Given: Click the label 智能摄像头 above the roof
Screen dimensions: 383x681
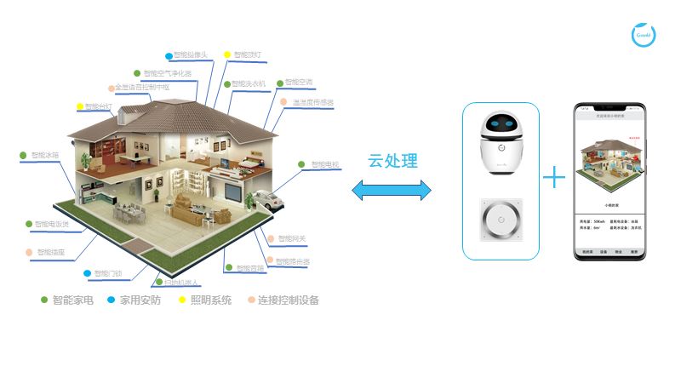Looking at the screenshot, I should [189, 55].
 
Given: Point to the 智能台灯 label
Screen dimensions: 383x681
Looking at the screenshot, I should [98, 107].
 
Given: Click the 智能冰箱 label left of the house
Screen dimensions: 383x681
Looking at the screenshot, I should [44, 156].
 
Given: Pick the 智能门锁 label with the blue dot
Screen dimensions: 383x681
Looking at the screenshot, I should [107, 273].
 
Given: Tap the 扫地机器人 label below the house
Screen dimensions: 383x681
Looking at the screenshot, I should [180, 283].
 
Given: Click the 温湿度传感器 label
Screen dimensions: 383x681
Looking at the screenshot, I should [312, 103].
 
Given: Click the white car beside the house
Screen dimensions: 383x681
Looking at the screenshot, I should [266, 202].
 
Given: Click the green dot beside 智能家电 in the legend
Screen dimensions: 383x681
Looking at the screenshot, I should [44, 300].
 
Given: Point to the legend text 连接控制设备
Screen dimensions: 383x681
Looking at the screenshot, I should [288, 300].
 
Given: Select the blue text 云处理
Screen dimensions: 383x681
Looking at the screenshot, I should [392, 161].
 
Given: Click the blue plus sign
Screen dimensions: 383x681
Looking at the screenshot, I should [554, 177].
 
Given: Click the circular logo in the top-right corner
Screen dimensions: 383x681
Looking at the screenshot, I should [644, 35].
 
